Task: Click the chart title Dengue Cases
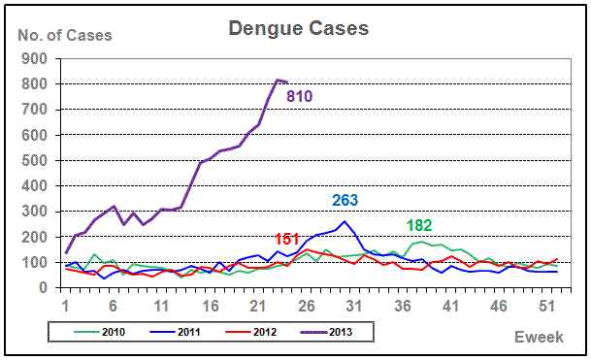[x=299, y=29]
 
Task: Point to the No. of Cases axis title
[x=65, y=36]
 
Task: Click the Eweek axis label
[x=539, y=337]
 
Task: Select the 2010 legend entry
[x=100, y=332]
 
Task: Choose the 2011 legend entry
[x=175, y=332]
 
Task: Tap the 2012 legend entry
[x=250, y=332]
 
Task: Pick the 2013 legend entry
[x=326, y=332]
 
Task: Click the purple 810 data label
[x=300, y=96]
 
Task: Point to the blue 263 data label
[x=345, y=200]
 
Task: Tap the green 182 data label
[x=419, y=225]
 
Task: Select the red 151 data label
[x=287, y=239]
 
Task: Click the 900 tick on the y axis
[x=34, y=58]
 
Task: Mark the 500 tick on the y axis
[x=34, y=160]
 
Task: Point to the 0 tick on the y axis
[x=43, y=287]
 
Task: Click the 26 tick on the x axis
[x=306, y=306]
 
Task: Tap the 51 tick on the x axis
[x=547, y=306]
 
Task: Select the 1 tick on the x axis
[x=66, y=306]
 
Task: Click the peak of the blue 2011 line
[x=345, y=221]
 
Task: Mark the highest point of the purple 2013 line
[x=278, y=80]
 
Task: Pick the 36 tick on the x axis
[x=403, y=306]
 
